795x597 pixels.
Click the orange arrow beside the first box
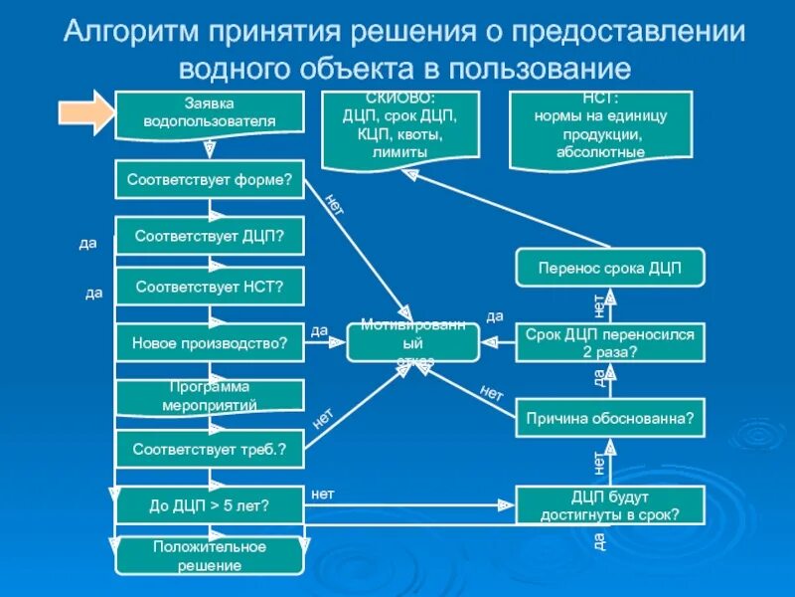pyautogui.click(x=86, y=112)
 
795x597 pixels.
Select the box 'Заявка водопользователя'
pyautogui.click(x=209, y=112)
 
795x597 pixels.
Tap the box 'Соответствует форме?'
pyautogui.click(x=209, y=180)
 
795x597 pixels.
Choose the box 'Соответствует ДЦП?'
pyautogui.click(x=209, y=236)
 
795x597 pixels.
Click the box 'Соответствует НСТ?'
pyautogui.click(x=209, y=288)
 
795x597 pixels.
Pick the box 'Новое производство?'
pyautogui.click(x=209, y=343)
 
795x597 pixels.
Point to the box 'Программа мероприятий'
pyautogui.click(x=209, y=396)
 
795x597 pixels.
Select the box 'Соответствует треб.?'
pyautogui.click(x=209, y=450)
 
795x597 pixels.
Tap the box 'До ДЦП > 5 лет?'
pyautogui.click(x=209, y=505)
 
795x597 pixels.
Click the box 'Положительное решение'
pyautogui.click(x=209, y=556)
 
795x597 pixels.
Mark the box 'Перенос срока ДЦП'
pyautogui.click(x=610, y=268)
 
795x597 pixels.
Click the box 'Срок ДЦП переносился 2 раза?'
pyautogui.click(x=610, y=343)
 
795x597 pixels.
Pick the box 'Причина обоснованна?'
pyautogui.click(x=610, y=419)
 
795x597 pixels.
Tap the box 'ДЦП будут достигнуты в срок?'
pyautogui.click(x=610, y=505)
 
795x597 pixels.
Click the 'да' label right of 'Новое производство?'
pyautogui.click(x=319, y=331)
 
